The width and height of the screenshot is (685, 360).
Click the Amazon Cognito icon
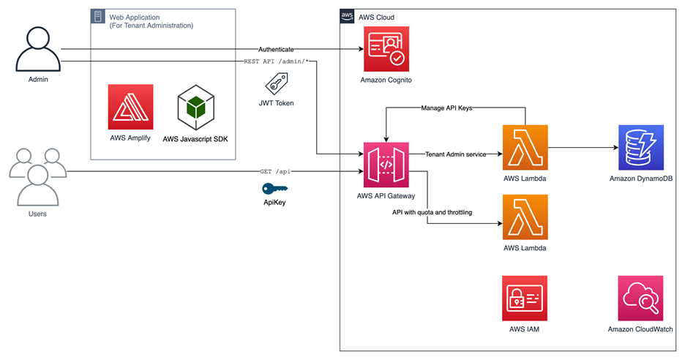point(386,49)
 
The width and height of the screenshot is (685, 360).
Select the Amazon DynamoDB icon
point(640,147)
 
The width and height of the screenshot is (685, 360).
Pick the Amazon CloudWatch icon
point(640,299)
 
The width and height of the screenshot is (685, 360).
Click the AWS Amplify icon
point(130,107)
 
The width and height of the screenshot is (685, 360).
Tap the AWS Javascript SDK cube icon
point(196,107)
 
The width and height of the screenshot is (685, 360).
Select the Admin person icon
point(38,48)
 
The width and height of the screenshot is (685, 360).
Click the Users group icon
point(37,176)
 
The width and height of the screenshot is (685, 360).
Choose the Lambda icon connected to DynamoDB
point(525,147)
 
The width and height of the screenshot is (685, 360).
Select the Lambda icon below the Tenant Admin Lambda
point(525,217)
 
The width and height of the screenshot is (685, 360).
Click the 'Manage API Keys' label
point(446,108)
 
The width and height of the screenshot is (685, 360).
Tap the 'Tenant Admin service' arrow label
point(455,154)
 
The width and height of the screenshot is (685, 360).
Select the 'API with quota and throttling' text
point(432,212)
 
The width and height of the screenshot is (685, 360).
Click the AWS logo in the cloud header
point(348,17)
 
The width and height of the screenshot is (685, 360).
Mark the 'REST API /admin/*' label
point(277,61)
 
